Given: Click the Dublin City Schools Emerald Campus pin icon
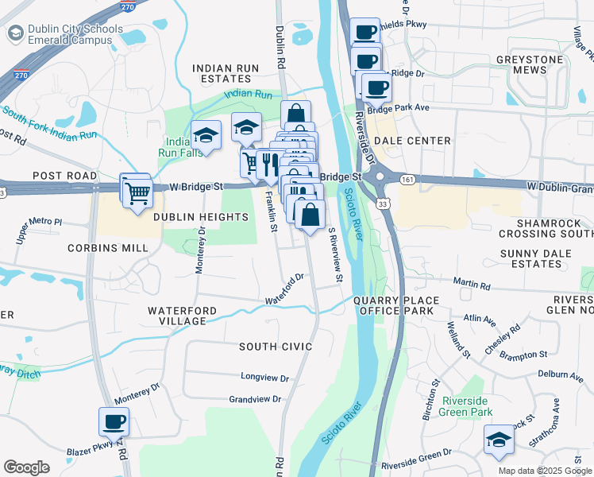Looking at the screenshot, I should tap(16, 33).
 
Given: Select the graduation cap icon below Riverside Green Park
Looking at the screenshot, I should tap(498, 440).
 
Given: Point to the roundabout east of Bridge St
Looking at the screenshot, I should tap(378, 176).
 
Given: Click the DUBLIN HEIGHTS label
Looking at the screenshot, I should tap(201, 217).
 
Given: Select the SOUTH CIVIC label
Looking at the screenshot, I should tap(276, 347).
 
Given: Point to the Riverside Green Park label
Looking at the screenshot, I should tap(469, 405).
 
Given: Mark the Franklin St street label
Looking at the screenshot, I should tap(271, 210).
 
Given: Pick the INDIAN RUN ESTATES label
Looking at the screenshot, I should tap(226, 74).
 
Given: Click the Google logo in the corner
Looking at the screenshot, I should tap(26, 467).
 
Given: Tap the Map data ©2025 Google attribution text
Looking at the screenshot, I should tap(544, 470).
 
